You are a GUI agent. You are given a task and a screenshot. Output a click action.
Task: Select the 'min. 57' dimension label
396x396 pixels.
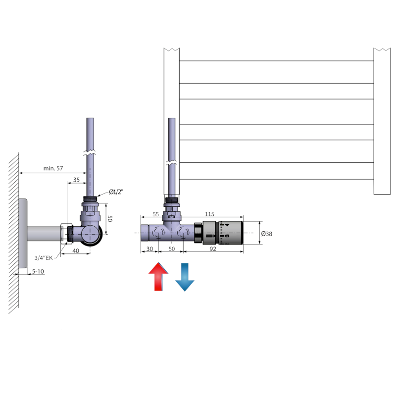pos(53,168)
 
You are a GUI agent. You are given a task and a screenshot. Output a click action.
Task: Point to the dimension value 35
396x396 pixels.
pos(76,180)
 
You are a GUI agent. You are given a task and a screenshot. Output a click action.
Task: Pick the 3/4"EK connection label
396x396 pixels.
pos(44,257)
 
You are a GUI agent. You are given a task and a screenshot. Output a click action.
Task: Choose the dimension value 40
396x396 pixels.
pos(76,250)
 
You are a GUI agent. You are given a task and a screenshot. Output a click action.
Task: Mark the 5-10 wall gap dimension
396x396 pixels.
pos(38,271)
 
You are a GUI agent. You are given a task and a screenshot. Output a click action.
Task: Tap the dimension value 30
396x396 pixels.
pos(149,249)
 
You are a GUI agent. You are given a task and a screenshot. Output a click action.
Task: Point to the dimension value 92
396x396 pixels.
pos(213,249)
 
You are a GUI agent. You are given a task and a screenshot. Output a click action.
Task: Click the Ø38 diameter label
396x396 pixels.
pos(267,234)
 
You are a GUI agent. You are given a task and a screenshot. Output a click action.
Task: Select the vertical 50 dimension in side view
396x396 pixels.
pos(110,218)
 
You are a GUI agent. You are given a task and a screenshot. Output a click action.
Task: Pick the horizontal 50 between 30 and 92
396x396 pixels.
pos(171,249)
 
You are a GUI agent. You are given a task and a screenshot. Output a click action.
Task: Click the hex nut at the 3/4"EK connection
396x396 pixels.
pos(66,233)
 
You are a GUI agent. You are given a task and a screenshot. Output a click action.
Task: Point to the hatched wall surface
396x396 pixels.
pos(14,233)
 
